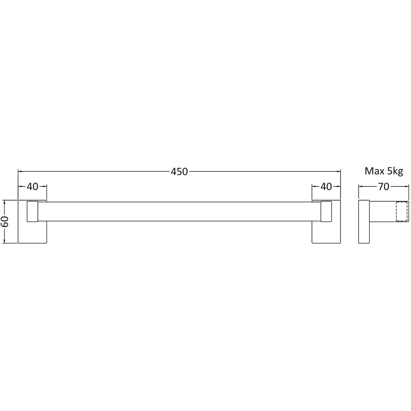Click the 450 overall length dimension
click(x=179, y=172)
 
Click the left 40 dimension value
click(x=32, y=186)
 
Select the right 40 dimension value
click(x=326, y=186)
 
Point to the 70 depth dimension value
click(x=383, y=186)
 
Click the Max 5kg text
click(x=384, y=171)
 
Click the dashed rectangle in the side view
click(x=402, y=212)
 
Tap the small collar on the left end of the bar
click(x=32, y=212)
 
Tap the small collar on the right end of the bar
click(x=326, y=212)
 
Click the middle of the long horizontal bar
click(x=179, y=212)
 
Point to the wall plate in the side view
click(x=364, y=222)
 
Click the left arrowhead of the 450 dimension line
click(x=20, y=171)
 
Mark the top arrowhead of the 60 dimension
click(x=5, y=203)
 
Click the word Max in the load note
click(x=373, y=171)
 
